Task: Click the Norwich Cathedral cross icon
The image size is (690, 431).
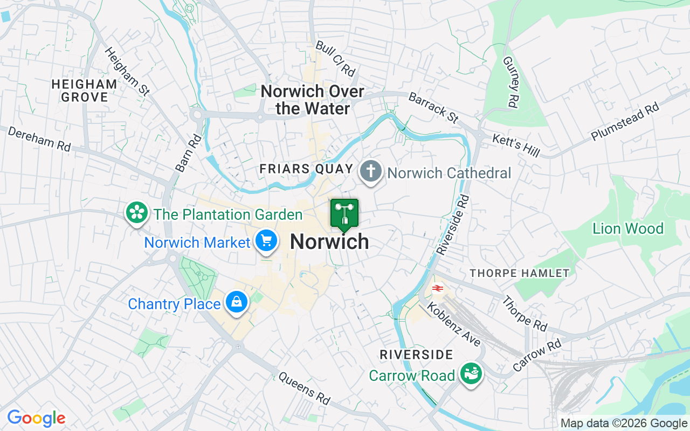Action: [370, 172]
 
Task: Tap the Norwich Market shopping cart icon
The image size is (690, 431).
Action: [266, 241]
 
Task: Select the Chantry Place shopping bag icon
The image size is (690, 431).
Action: [236, 302]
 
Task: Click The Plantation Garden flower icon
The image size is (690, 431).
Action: [137, 213]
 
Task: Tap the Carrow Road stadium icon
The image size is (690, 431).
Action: [471, 373]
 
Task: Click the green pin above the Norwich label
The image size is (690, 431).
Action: [344, 214]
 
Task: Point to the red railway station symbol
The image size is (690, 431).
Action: [437, 288]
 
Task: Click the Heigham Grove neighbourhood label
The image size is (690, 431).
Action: [85, 91]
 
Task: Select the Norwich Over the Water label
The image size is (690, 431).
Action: [313, 100]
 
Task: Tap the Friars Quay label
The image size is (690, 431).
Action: [306, 169]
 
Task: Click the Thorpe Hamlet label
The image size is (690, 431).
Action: [519, 273]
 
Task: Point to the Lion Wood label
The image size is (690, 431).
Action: [627, 228]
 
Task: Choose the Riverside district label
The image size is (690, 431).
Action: [416, 354]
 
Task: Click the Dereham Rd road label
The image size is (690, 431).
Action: [39, 138]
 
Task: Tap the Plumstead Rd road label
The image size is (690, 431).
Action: [625, 122]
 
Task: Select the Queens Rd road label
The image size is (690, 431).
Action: [304, 388]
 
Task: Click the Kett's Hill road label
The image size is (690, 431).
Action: [516, 145]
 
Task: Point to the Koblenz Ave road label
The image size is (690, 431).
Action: [453, 324]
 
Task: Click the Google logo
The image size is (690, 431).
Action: [36, 418]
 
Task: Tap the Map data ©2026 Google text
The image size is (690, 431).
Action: [624, 423]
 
